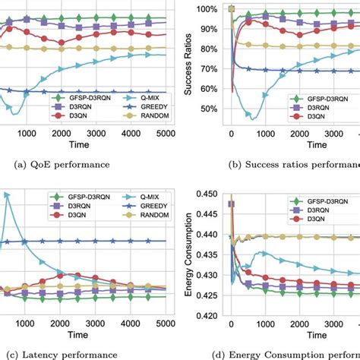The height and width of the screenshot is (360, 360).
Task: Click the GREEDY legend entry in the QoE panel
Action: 132,109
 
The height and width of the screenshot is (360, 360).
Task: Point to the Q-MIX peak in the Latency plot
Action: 8,196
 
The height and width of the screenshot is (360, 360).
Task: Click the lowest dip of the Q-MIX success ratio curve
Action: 250,118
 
